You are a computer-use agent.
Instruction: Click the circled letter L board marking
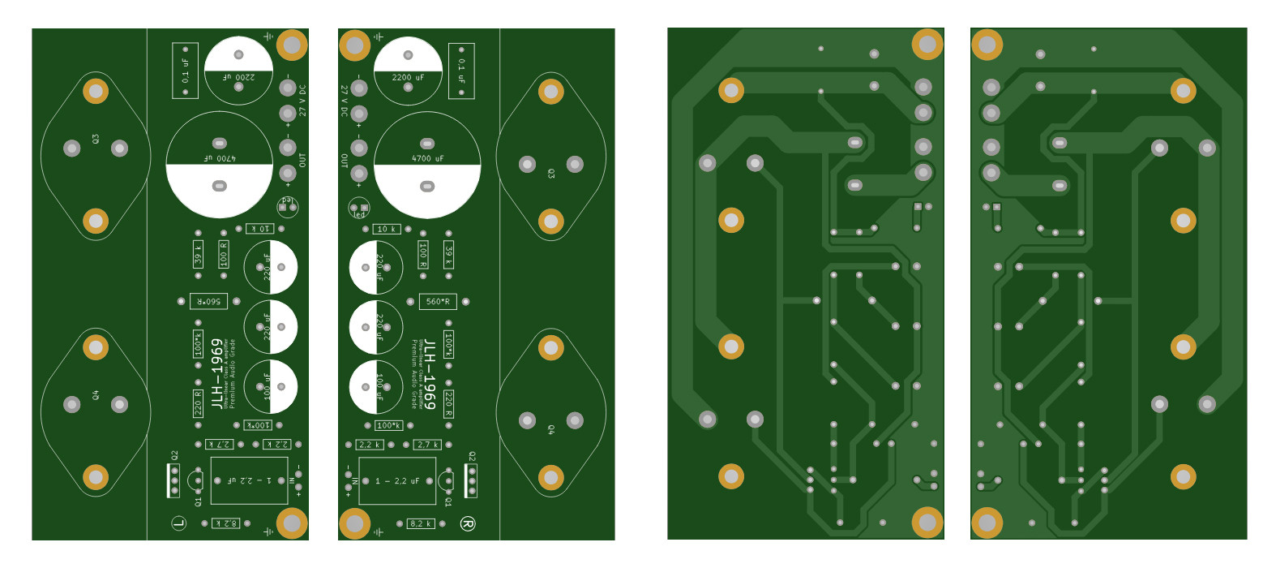pos(179,523)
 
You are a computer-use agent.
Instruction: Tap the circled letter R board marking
pos(467,523)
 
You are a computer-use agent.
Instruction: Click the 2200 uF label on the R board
pos(408,78)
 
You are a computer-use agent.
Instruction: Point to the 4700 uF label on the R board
pos(427,158)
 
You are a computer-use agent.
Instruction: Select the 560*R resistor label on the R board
pos(438,302)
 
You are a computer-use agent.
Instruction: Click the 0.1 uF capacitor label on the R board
pos(461,71)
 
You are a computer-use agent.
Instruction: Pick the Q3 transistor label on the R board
pos(551,174)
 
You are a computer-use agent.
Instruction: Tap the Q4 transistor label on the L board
pos(96,395)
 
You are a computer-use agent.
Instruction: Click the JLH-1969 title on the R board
pos(430,374)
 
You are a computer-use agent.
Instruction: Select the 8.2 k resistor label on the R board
pos(421,523)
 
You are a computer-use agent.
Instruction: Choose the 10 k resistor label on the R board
pos(387,230)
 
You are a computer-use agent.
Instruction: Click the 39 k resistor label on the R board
pos(448,254)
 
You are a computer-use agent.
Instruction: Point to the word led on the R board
pos(359,215)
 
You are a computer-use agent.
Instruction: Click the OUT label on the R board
pos(344,161)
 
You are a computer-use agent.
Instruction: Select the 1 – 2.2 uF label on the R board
pos(396,481)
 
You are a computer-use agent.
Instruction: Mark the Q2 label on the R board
pos(472,457)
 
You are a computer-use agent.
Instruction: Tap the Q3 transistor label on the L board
pos(96,140)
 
